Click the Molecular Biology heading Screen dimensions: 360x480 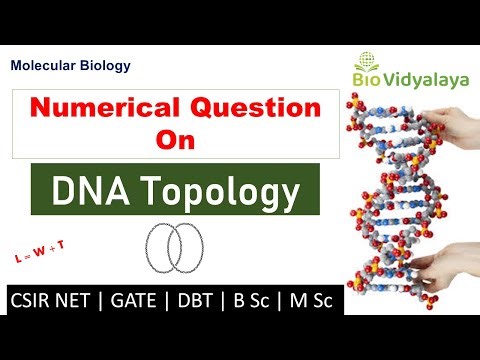pos(70,66)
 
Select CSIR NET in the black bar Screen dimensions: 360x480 pos(56,298)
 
